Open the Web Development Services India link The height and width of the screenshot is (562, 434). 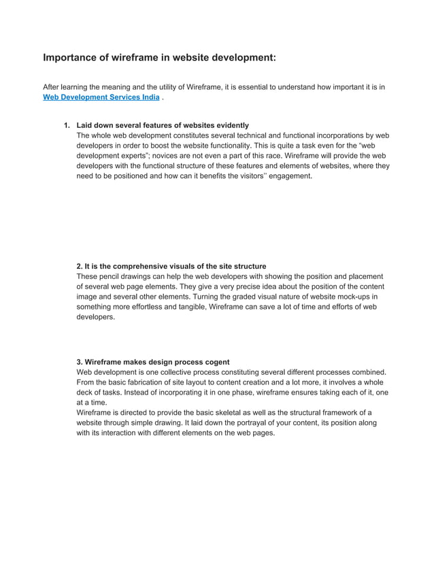pyautogui.click(x=101, y=97)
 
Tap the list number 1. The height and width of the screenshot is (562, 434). pyautogui.click(x=66, y=125)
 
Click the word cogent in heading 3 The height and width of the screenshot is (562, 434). pyautogui.click(x=217, y=362)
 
